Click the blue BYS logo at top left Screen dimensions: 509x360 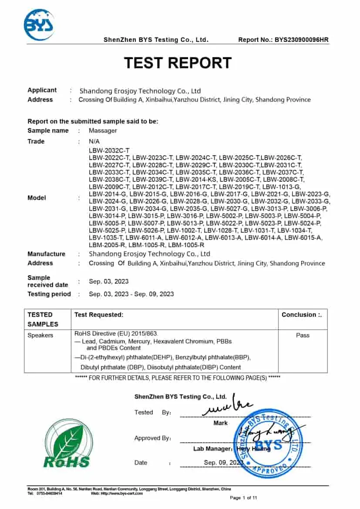(39, 25)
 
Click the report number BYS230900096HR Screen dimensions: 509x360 (301, 40)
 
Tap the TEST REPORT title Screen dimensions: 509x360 (178, 63)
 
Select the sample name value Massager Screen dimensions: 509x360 (103, 131)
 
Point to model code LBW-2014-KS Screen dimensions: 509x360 (196, 179)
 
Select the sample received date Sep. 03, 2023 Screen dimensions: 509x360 (109, 281)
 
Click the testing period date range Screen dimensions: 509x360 (131, 294)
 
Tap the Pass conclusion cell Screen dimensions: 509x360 (303, 335)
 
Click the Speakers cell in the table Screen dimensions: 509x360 (40, 335)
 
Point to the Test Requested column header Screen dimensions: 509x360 (99, 315)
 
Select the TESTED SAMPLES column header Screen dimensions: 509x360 (43, 319)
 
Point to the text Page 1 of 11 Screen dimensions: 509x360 (243, 497)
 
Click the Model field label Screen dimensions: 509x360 (37, 198)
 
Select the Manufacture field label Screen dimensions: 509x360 (46, 254)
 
